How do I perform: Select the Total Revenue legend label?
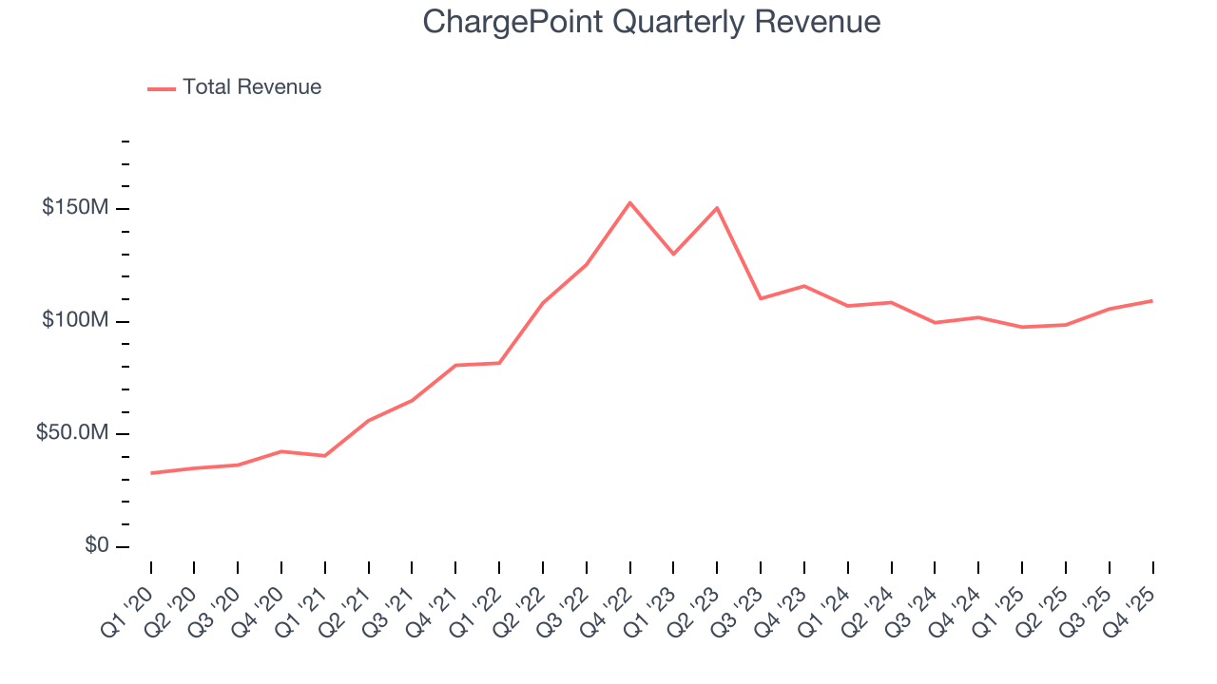point(252,87)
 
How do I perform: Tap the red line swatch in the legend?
point(162,88)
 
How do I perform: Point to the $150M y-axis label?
point(74,208)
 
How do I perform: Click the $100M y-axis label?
point(74,321)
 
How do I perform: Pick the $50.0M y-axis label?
point(71,433)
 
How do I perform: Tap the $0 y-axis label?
point(96,545)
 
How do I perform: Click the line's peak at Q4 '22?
point(629,202)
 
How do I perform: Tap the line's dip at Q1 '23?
point(673,254)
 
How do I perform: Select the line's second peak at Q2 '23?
point(717,207)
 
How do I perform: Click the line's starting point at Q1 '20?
point(151,473)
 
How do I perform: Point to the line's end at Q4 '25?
point(1152,300)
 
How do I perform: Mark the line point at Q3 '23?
point(761,298)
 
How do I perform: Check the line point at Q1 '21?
point(325,456)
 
